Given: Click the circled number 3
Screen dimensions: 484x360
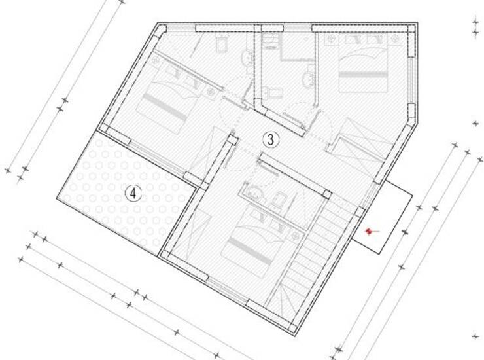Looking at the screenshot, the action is point(271,139).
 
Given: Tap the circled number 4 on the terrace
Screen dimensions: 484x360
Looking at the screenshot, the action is point(133,194).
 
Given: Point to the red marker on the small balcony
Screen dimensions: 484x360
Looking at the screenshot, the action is point(368,231).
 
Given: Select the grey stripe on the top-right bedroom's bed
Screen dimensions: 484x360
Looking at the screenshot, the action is point(363,75).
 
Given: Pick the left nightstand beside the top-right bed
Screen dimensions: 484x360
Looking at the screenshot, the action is point(331,39).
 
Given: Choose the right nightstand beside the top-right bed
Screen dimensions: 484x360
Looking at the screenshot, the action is point(394,39).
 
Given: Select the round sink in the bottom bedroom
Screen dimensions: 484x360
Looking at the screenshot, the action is point(255,192).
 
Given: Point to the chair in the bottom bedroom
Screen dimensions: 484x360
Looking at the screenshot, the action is point(279,199).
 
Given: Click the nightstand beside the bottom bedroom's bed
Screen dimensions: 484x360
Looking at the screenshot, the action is point(296,236).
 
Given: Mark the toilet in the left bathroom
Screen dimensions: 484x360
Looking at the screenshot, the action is point(221,43).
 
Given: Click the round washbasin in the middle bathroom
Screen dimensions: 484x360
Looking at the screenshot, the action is point(308,79).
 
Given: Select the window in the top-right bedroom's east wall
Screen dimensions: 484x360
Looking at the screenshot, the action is point(411,80).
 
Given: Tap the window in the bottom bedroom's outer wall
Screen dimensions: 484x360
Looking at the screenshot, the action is point(228,290).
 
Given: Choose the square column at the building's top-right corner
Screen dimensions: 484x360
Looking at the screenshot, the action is point(412,28).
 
